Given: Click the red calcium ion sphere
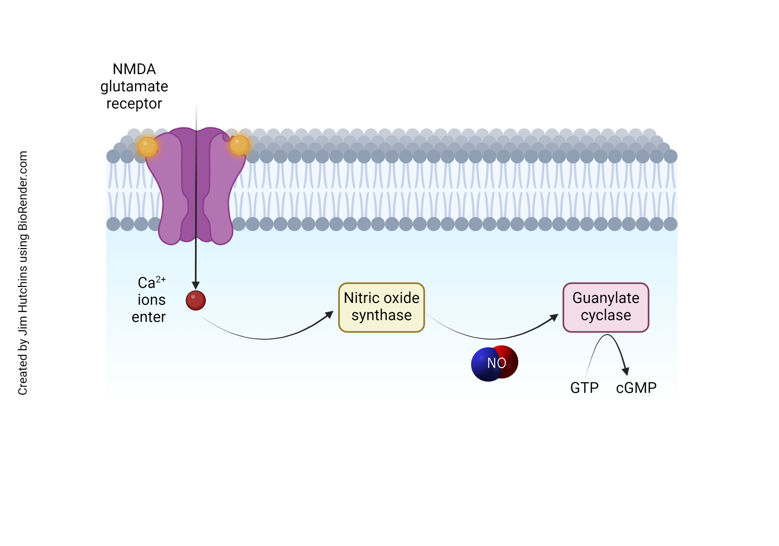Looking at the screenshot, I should (196, 300).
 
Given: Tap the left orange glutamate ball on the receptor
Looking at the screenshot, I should (148, 147).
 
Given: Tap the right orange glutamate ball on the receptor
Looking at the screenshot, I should (239, 145).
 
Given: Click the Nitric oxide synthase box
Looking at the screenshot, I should (381, 307).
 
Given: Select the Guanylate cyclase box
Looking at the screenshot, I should (606, 307).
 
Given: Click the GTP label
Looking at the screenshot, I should (584, 388).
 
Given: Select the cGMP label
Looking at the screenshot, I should (636, 388).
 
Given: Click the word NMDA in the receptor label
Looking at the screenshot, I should (134, 69).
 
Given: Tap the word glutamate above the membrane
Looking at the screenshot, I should (134, 86).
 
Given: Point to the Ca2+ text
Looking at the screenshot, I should (151, 282).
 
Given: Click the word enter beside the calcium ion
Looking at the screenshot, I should (148, 317).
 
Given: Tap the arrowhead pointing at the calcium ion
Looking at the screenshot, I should (196, 285).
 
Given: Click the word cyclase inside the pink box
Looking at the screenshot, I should (606, 315).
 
